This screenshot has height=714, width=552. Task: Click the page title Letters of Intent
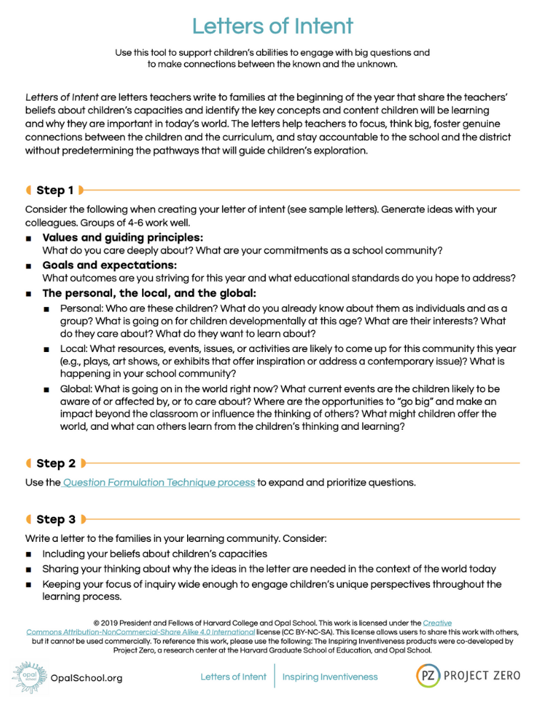(x=273, y=26)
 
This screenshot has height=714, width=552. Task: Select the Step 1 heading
(x=55, y=190)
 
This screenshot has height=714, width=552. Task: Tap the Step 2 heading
(x=56, y=463)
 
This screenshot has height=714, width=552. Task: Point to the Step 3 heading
(x=56, y=519)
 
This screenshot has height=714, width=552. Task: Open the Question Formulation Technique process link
(x=159, y=483)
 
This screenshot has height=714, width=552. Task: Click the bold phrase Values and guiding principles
(x=123, y=237)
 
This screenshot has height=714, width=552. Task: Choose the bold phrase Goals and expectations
(x=109, y=265)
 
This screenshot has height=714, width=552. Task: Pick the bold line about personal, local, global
(x=149, y=293)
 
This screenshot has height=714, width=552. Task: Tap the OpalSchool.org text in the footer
(x=86, y=678)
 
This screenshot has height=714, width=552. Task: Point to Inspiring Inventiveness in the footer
(x=330, y=676)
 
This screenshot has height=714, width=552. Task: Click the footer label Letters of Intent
(x=234, y=676)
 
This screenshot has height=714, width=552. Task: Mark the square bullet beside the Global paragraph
(x=46, y=390)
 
